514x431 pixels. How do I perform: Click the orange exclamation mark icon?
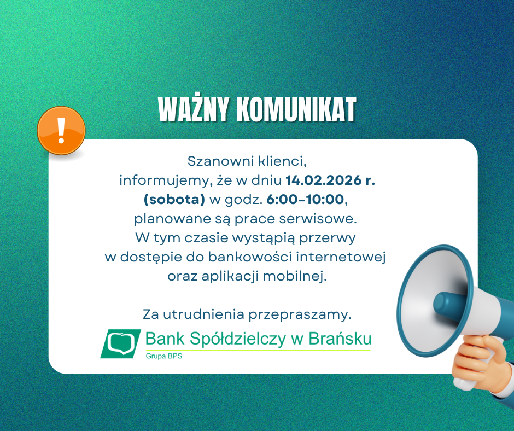[61, 130]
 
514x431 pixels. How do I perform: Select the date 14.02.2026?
[323, 180]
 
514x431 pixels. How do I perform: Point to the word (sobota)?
[174, 200]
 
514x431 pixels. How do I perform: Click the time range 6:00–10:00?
[306, 200]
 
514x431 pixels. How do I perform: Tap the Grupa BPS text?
[163, 357]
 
